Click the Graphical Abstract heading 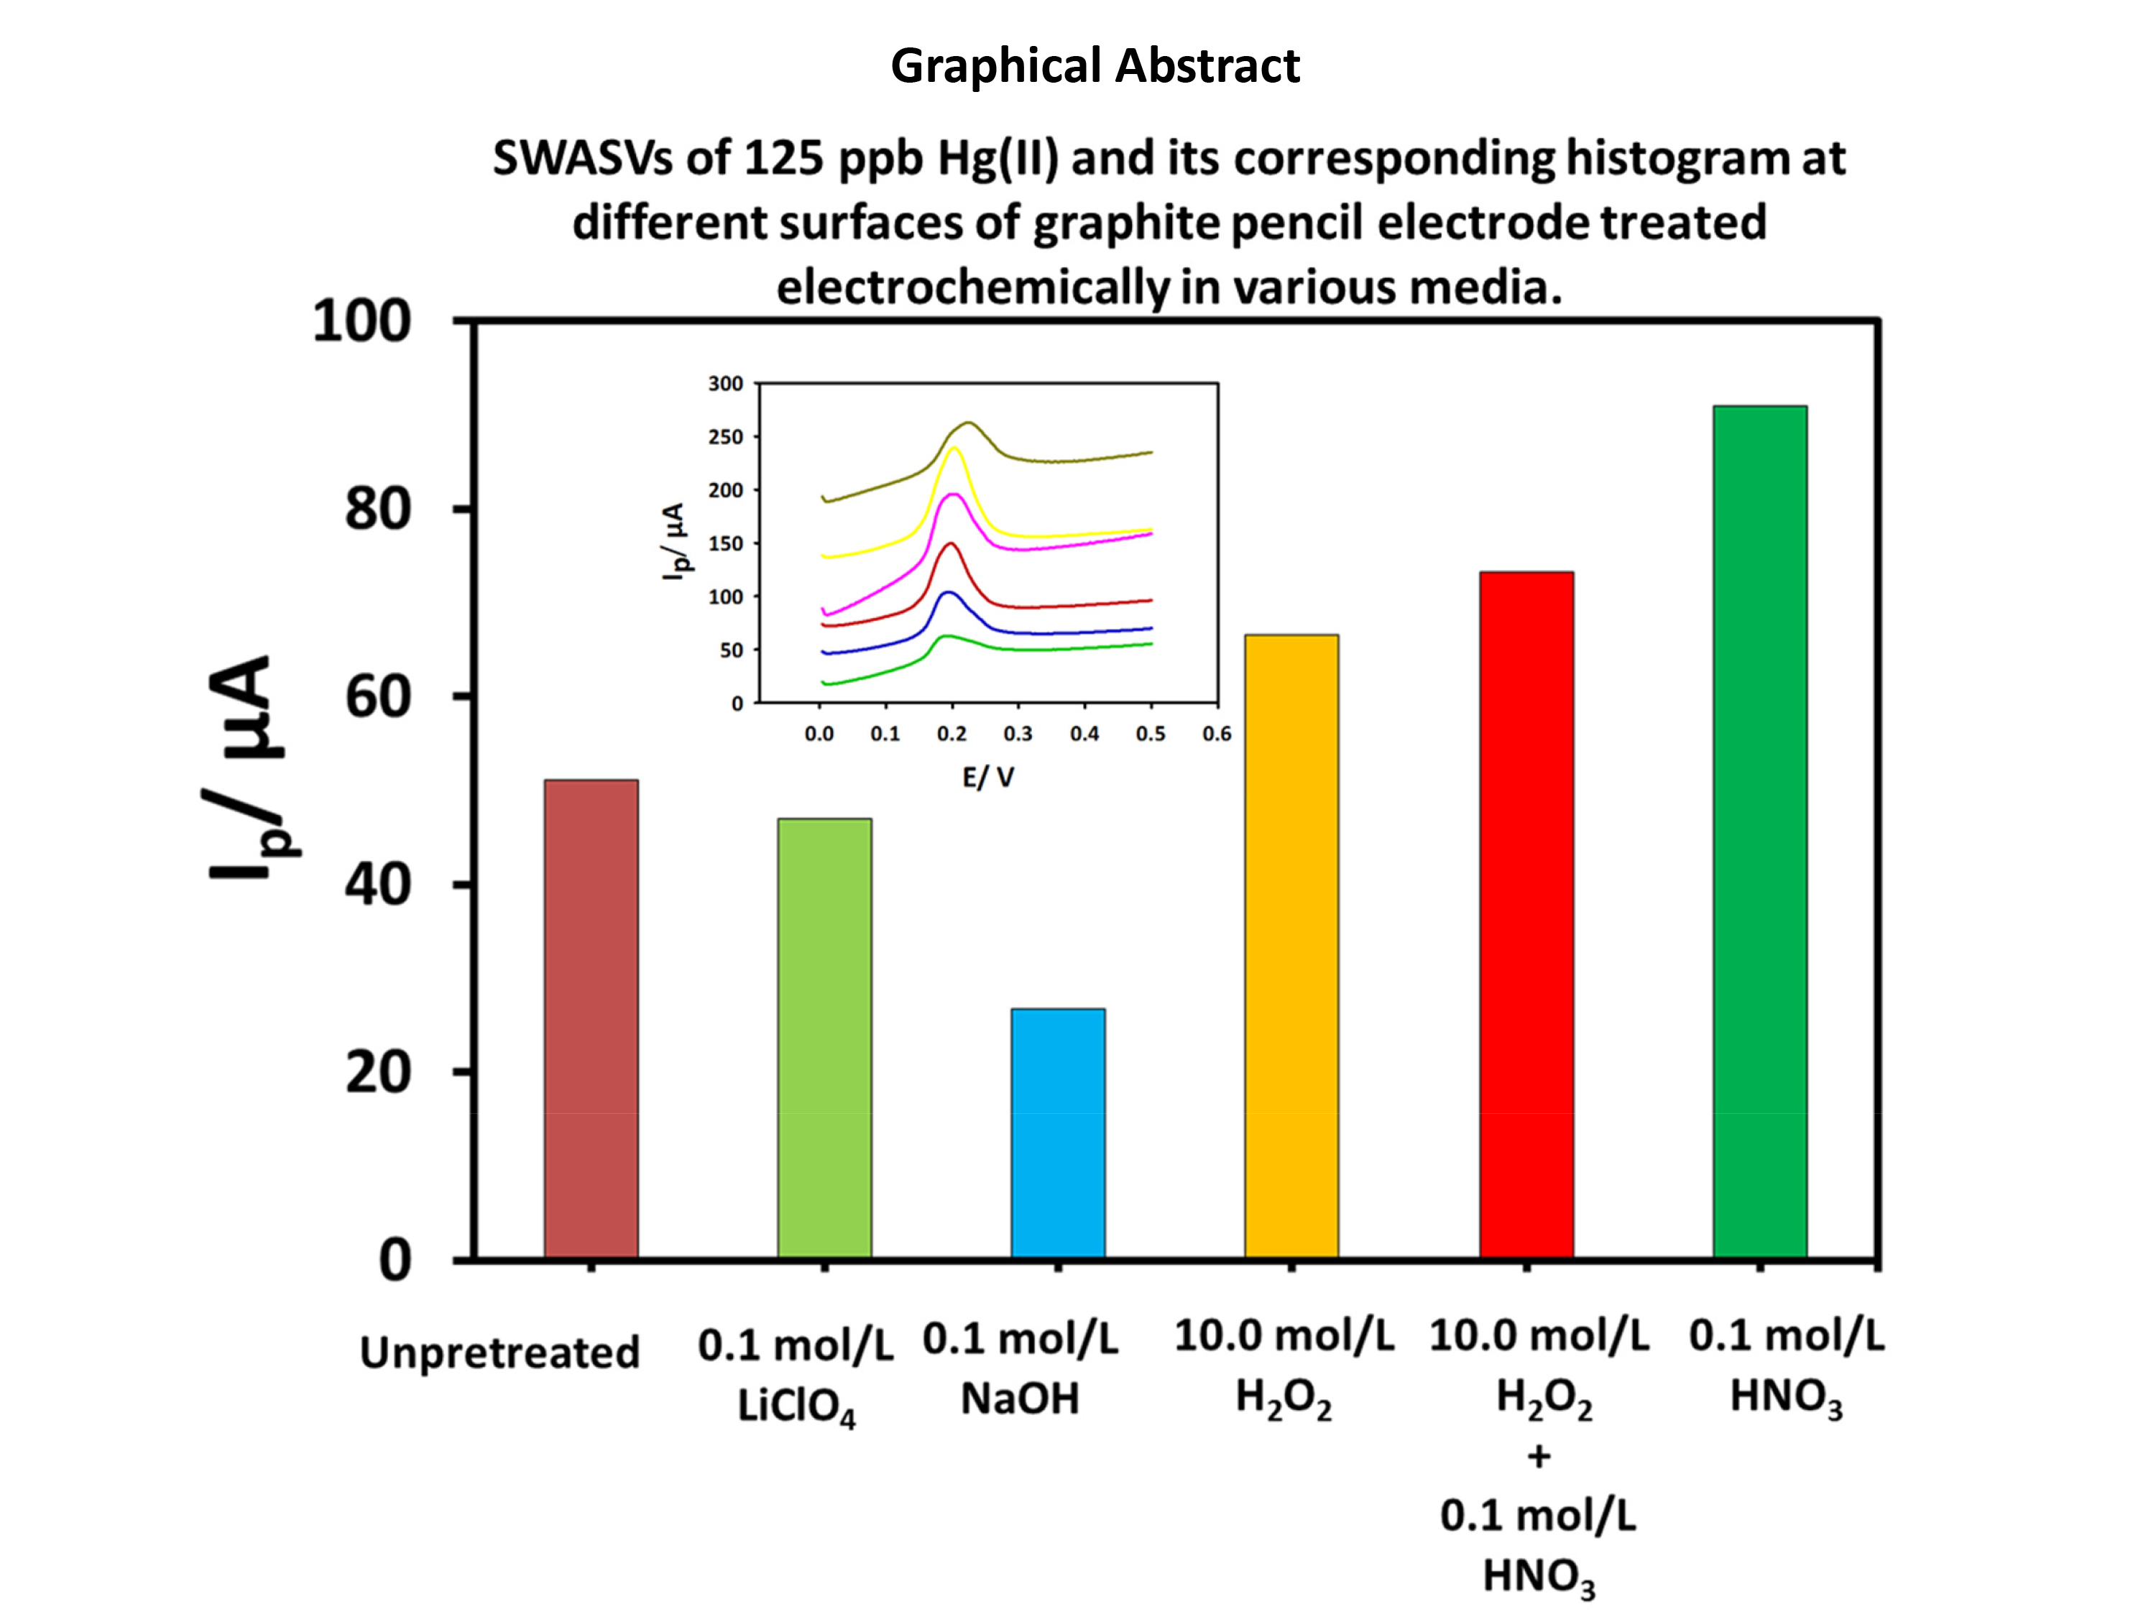tap(1095, 66)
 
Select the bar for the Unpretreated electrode tap(591, 1018)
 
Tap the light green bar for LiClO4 tap(824, 1038)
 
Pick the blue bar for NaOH tap(1058, 1133)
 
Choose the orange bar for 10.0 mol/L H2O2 tap(1291, 946)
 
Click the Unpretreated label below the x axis tap(499, 1352)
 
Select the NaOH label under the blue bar tap(1020, 1399)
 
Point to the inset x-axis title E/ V tap(988, 777)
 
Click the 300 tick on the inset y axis tap(725, 383)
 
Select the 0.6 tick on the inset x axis tap(1217, 734)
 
